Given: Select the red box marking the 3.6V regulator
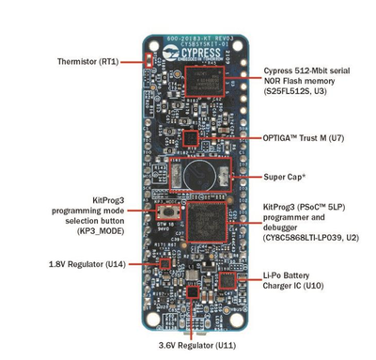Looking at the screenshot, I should [193, 293].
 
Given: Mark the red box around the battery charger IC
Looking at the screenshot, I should [227, 280].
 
